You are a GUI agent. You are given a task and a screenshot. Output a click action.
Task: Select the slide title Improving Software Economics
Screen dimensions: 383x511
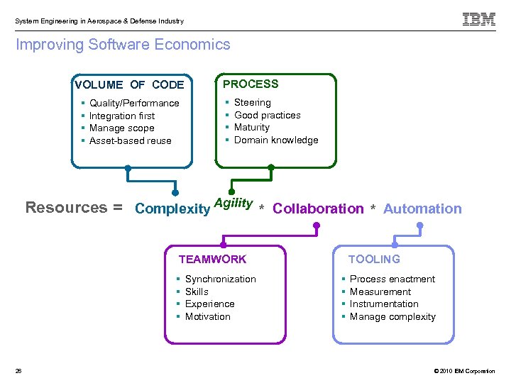[123, 45]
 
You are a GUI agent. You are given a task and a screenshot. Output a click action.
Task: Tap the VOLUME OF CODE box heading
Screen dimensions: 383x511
[129, 84]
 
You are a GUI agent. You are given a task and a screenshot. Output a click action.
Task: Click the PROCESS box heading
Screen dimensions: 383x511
[251, 84]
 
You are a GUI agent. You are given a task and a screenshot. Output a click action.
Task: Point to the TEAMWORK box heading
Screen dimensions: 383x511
[212, 260]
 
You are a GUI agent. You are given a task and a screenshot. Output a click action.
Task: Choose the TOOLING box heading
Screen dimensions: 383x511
[374, 260]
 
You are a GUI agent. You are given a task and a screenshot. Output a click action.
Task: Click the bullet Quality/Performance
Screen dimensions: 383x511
[134, 104]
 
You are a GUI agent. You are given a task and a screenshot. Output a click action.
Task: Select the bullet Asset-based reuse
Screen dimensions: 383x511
[130, 141]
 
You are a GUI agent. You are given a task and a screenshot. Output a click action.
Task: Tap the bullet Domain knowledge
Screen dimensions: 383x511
[276, 140]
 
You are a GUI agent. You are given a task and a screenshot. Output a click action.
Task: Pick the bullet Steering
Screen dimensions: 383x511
[252, 103]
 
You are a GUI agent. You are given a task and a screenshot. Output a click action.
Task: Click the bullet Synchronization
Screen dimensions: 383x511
[220, 279]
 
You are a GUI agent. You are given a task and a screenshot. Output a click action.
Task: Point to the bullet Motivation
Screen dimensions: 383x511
[207, 317]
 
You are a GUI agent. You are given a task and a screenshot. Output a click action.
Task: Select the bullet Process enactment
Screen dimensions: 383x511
[392, 279]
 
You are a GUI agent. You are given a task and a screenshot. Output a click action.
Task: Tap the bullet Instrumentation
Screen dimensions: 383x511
[384, 304]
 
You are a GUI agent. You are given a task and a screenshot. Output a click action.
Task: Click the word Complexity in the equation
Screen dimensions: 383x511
[172, 209]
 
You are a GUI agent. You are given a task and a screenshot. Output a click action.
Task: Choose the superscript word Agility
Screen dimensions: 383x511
[233, 203]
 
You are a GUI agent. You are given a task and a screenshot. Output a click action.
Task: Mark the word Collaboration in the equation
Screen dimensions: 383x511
[317, 209]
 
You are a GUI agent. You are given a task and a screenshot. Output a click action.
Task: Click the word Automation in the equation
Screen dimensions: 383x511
[422, 209]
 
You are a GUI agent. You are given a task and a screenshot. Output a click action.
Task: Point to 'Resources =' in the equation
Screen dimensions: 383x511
[74, 208]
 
